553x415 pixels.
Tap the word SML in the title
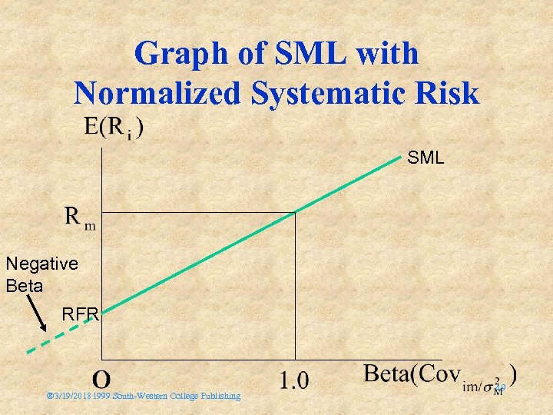coord(313,55)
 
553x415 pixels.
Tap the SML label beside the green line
coord(425,158)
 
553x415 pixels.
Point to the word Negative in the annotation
coord(41,264)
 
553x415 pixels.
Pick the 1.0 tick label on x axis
coord(293,380)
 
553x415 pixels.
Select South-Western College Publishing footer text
coord(176,397)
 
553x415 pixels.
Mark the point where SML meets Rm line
coord(295,212)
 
